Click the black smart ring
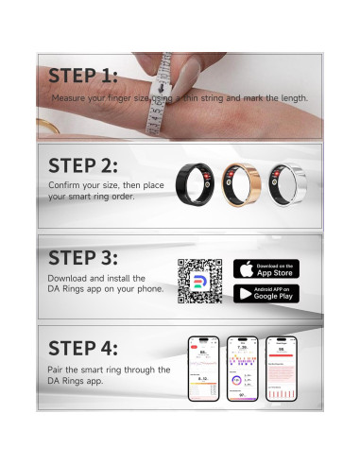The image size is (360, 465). [x=199, y=182]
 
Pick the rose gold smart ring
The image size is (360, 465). [x=241, y=182]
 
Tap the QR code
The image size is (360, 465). [x=199, y=281]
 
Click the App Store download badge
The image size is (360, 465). [x=266, y=268]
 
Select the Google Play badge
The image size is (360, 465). [x=266, y=293]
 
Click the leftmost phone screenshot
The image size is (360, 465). [x=204, y=368]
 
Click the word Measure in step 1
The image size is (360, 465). [x=69, y=97]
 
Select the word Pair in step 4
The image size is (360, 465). [x=56, y=370]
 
